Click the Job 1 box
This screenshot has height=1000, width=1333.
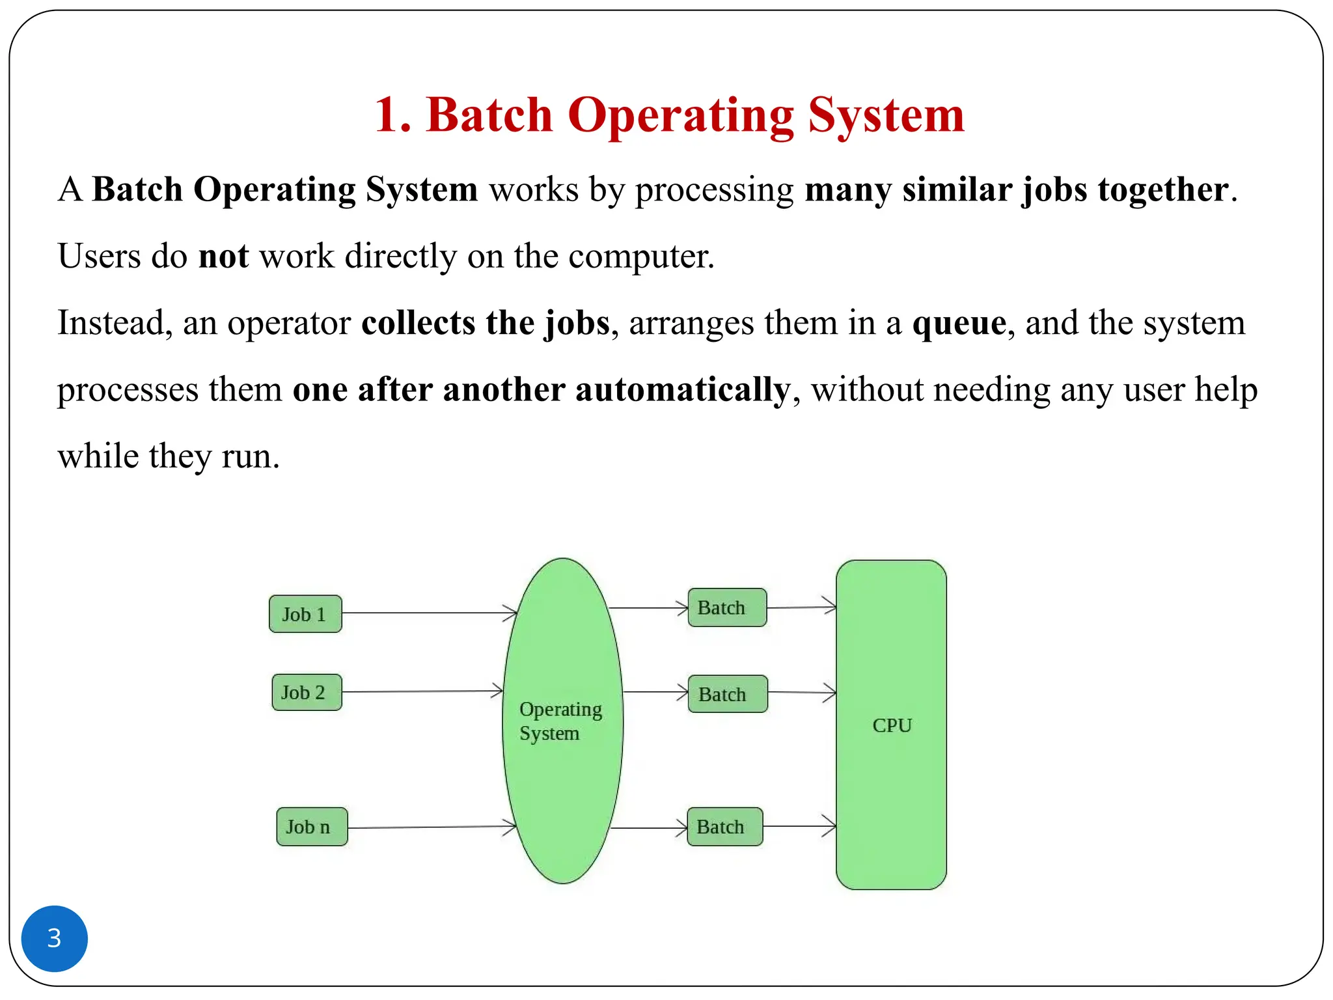(305, 614)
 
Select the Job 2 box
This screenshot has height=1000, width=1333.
(307, 692)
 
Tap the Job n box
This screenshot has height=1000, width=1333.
(312, 827)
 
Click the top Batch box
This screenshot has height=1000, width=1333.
(727, 607)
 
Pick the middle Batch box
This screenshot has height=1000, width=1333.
(728, 694)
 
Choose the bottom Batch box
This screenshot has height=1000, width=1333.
(724, 827)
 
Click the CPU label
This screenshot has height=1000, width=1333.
(892, 725)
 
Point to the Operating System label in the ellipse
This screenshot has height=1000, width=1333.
(560, 721)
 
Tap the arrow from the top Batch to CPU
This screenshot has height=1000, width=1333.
(801, 607)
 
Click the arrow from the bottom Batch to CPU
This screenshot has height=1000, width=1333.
(799, 826)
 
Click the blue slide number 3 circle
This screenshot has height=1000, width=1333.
(55, 938)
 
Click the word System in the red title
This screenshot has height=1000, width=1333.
(885, 115)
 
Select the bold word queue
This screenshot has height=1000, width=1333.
(959, 323)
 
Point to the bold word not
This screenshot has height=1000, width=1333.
(223, 256)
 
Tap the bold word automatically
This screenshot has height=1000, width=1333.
(682, 389)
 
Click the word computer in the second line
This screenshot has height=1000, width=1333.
(640, 256)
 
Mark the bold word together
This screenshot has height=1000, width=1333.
(1163, 189)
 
